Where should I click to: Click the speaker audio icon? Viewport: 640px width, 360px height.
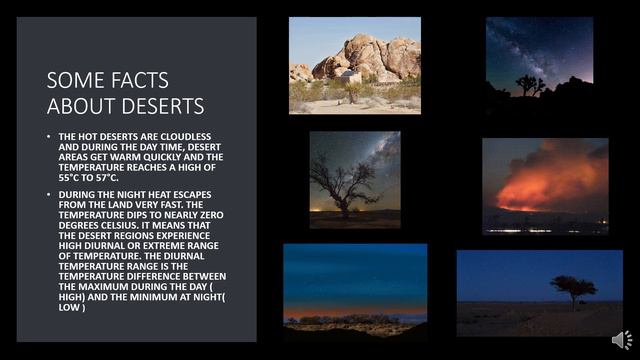coord(621,341)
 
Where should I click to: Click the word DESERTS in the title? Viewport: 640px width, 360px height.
coord(161,106)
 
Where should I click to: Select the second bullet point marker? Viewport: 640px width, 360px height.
coord(49,195)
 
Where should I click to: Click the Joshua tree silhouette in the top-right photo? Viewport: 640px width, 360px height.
coord(528,85)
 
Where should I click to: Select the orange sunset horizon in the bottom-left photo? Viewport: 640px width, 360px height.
coord(355,313)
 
